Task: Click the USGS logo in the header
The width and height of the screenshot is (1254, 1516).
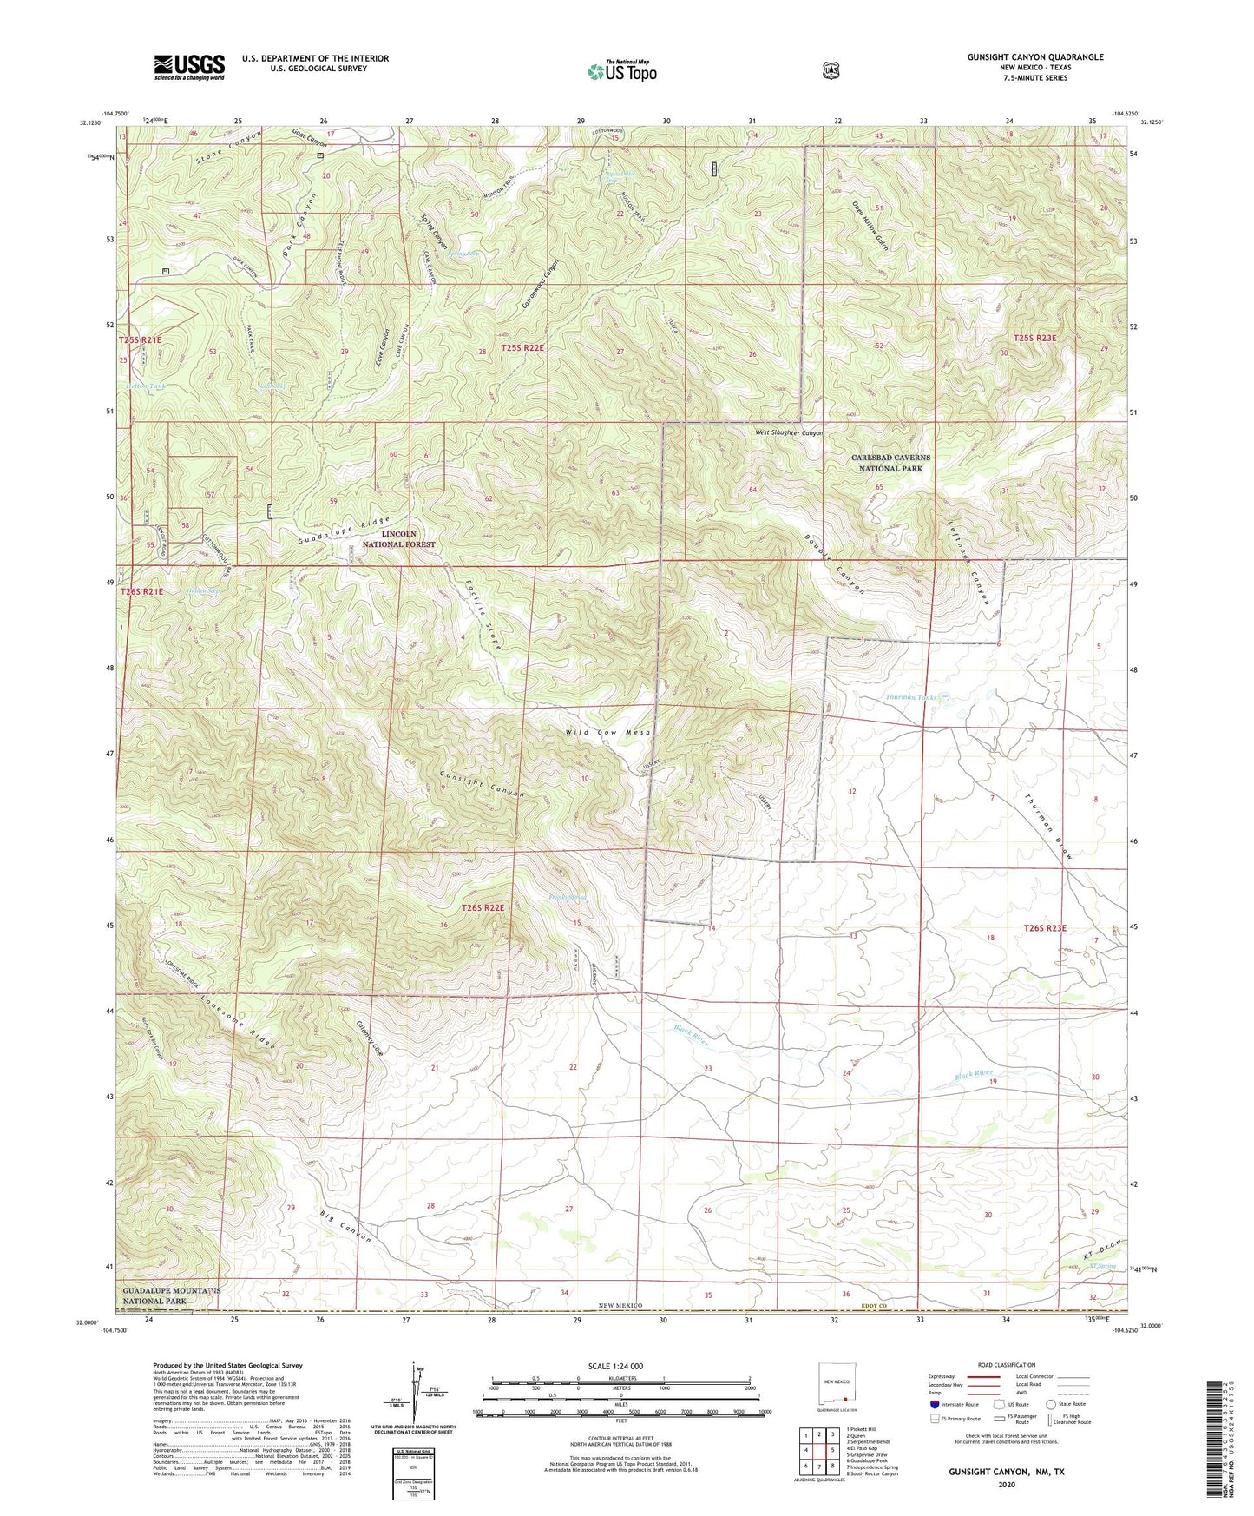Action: [189, 66]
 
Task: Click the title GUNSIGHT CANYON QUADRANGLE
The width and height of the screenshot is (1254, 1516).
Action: [1035, 57]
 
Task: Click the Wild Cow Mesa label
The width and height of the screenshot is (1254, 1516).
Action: [607, 733]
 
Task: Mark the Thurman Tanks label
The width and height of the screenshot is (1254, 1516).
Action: [910, 697]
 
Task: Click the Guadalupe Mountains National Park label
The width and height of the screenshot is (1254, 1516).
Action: [170, 1296]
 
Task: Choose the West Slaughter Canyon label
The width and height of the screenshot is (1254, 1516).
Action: [788, 432]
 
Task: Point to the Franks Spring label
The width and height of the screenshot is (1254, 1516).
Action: [568, 897]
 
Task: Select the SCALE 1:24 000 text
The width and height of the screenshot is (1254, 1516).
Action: [615, 1366]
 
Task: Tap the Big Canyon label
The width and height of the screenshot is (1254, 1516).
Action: [345, 1225]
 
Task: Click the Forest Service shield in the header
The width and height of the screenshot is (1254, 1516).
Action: [831, 69]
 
